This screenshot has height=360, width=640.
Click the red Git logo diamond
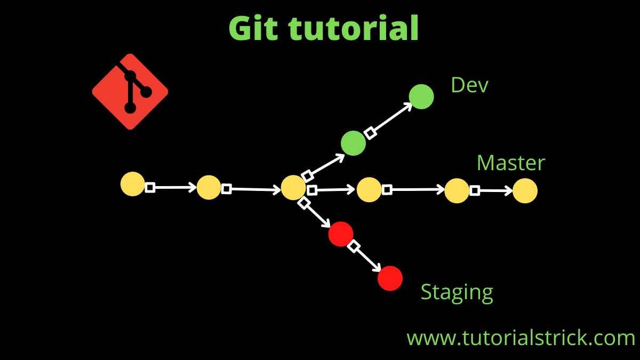(130, 92)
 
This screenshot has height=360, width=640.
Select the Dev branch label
(469, 85)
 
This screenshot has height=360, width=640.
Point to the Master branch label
(510, 163)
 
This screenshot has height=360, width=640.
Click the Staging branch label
(457, 292)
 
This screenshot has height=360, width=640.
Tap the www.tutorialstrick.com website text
(521, 338)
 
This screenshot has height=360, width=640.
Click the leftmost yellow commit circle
(132, 184)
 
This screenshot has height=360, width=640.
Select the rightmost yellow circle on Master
(525, 191)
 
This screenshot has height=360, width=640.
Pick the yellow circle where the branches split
(293, 187)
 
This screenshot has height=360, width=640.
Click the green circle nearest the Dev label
(421, 97)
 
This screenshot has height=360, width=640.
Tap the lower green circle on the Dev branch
(353, 143)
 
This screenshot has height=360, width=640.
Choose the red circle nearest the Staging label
(390, 278)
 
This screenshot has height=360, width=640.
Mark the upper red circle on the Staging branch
(341, 234)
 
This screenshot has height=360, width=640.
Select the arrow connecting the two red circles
(367, 257)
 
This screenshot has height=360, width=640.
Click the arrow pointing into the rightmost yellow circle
(492, 190)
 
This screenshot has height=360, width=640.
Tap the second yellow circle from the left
(209, 187)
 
